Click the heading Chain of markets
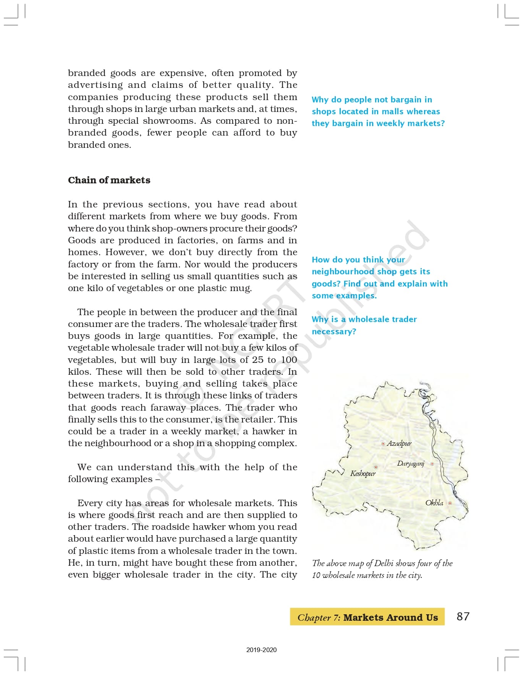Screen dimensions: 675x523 pos(109,180)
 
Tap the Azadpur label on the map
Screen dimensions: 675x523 pos(399,444)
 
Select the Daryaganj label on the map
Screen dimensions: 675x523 pos(411,464)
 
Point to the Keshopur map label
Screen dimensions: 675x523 pos(363,474)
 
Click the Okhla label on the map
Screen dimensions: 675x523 pos(434,503)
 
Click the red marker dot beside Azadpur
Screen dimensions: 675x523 pos(383,444)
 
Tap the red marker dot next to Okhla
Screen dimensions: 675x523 pos(450,503)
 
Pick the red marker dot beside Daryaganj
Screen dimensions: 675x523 pos(432,464)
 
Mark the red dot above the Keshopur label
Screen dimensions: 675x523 pos(376,467)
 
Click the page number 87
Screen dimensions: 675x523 pos(463,617)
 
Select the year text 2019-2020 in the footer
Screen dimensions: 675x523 pos(261,650)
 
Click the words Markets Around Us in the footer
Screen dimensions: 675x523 pos(390,618)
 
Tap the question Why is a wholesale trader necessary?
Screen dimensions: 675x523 pos(364,325)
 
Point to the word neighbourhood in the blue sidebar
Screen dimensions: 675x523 pos(343,272)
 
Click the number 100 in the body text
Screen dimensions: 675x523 pos(289,360)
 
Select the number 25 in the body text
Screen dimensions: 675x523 pos(257,360)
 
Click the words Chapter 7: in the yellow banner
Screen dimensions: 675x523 pos(319,618)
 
